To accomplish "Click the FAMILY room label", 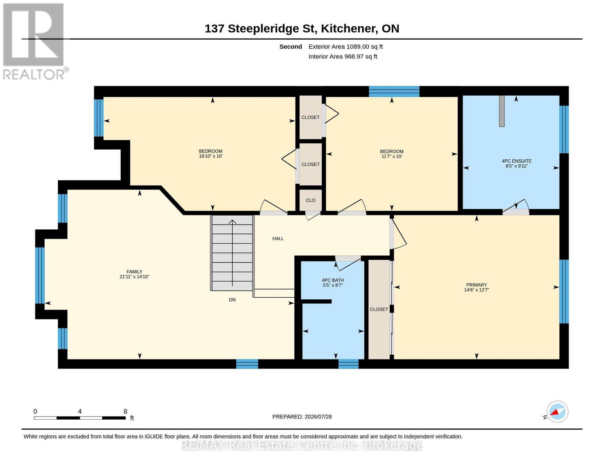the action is pyautogui.click(x=134, y=272).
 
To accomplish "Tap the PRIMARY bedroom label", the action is pyautogui.click(x=476, y=285).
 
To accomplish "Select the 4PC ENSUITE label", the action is pyautogui.click(x=516, y=161).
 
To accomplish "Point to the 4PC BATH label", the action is pyautogui.click(x=333, y=280).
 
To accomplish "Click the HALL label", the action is pyautogui.click(x=278, y=239).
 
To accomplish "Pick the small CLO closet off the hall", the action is pyautogui.click(x=310, y=200).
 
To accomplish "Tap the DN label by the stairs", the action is pyautogui.click(x=232, y=300).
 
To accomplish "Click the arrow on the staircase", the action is pyautogui.click(x=232, y=253).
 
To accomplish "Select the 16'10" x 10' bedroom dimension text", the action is pyautogui.click(x=210, y=156).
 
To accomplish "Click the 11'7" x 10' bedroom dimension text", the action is pyautogui.click(x=392, y=156).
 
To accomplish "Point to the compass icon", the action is pyautogui.click(x=557, y=412).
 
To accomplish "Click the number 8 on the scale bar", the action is pyautogui.click(x=125, y=411).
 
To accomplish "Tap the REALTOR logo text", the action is pyautogui.click(x=34, y=75).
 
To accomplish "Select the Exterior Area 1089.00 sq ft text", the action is pyautogui.click(x=345, y=47).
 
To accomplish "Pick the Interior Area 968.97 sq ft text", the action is pyautogui.click(x=343, y=56).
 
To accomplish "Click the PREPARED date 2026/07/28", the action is pyautogui.click(x=318, y=417).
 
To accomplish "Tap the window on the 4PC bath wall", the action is pyautogui.click(x=348, y=364).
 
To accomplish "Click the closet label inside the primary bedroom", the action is pyautogui.click(x=379, y=309).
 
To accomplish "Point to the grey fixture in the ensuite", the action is pyautogui.click(x=502, y=111).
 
